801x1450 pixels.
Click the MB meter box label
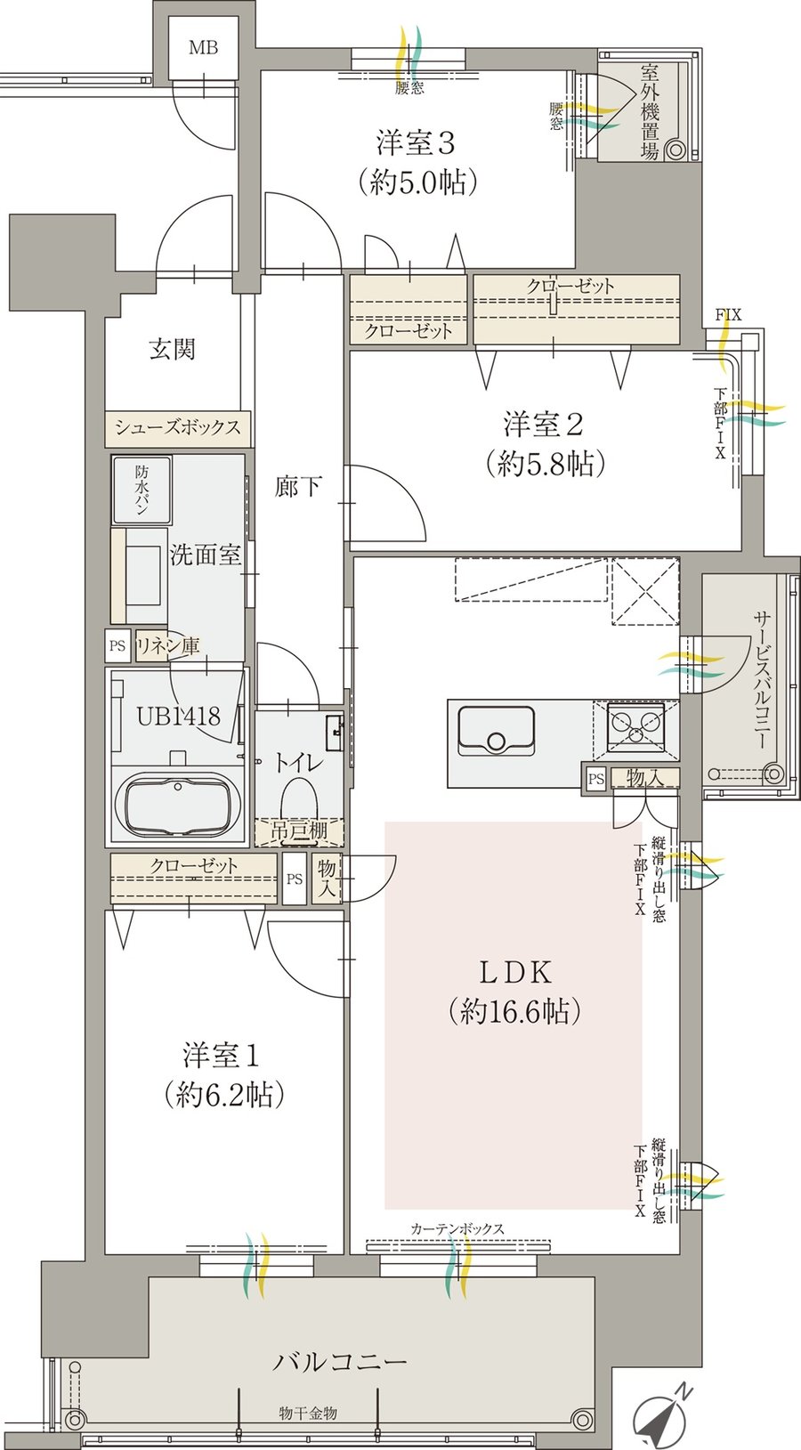203,48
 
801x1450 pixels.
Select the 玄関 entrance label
171,349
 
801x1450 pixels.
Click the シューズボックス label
178,427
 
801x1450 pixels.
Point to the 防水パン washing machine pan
142,491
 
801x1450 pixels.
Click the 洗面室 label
206,555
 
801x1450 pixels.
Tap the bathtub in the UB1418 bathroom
182,805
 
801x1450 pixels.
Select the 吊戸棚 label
299,831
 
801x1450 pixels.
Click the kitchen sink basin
495,731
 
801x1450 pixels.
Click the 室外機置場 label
649,111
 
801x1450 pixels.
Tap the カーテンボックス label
457,1229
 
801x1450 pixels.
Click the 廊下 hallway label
298,487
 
